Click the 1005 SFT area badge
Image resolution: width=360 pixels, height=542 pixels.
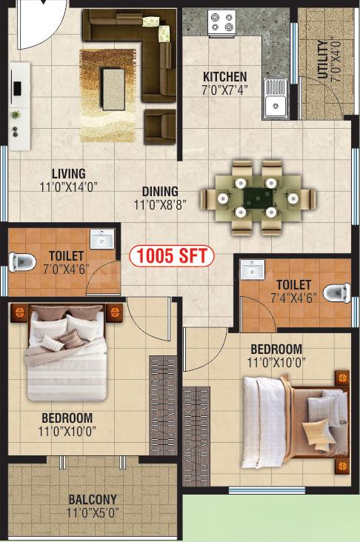point(172,256)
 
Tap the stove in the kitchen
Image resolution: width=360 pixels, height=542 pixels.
point(222,22)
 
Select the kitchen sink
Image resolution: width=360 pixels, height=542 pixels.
point(275,98)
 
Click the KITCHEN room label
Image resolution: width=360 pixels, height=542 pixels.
point(224,76)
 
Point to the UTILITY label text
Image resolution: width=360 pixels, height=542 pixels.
point(322,60)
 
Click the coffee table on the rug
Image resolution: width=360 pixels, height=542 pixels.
point(113,89)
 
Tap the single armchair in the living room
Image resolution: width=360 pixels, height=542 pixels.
point(160,127)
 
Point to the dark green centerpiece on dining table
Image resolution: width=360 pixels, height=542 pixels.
point(258,198)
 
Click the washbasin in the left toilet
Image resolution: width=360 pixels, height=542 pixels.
point(102,238)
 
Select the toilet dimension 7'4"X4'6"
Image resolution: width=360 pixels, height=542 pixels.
point(293,298)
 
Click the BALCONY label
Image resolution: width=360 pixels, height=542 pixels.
point(93,499)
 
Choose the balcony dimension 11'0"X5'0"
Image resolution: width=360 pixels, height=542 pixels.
point(93,513)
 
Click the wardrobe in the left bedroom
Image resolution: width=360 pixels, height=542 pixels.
point(163,406)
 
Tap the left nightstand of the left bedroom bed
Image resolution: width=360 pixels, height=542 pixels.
point(19,312)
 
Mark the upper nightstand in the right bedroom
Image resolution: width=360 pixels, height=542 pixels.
point(342,378)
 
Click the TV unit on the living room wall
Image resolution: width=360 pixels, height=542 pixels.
point(19,106)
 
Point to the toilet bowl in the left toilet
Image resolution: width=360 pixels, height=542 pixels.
point(21,261)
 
